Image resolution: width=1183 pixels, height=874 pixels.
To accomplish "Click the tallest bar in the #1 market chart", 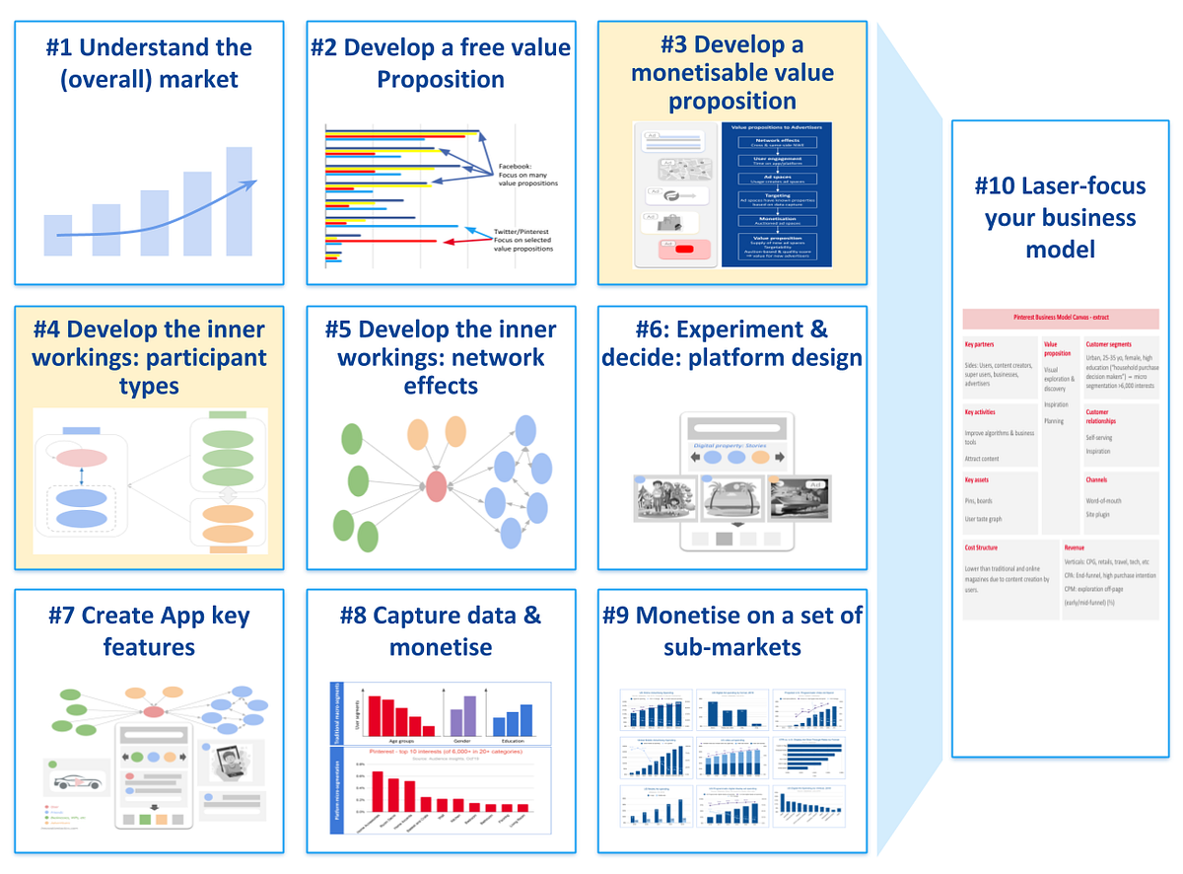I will click(x=239, y=201).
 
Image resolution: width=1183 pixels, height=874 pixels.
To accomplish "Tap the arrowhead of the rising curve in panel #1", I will click(x=251, y=182).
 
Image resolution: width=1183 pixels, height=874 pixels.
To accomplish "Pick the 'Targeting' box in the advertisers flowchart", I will click(x=778, y=197).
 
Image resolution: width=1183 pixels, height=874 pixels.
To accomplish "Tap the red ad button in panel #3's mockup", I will click(x=683, y=249).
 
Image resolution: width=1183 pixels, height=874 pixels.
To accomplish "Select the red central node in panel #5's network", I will click(x=437, y=484).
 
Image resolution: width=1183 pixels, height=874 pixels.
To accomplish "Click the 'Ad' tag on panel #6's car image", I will click(x=814, y=484).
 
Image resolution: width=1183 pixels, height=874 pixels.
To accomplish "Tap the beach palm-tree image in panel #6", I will click(x=731, y=498).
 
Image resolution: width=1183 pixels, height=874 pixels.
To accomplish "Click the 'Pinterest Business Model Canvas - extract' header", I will click(x=1060, y=320).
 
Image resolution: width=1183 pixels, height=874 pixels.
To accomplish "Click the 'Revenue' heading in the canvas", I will click(x=1076, y=546).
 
